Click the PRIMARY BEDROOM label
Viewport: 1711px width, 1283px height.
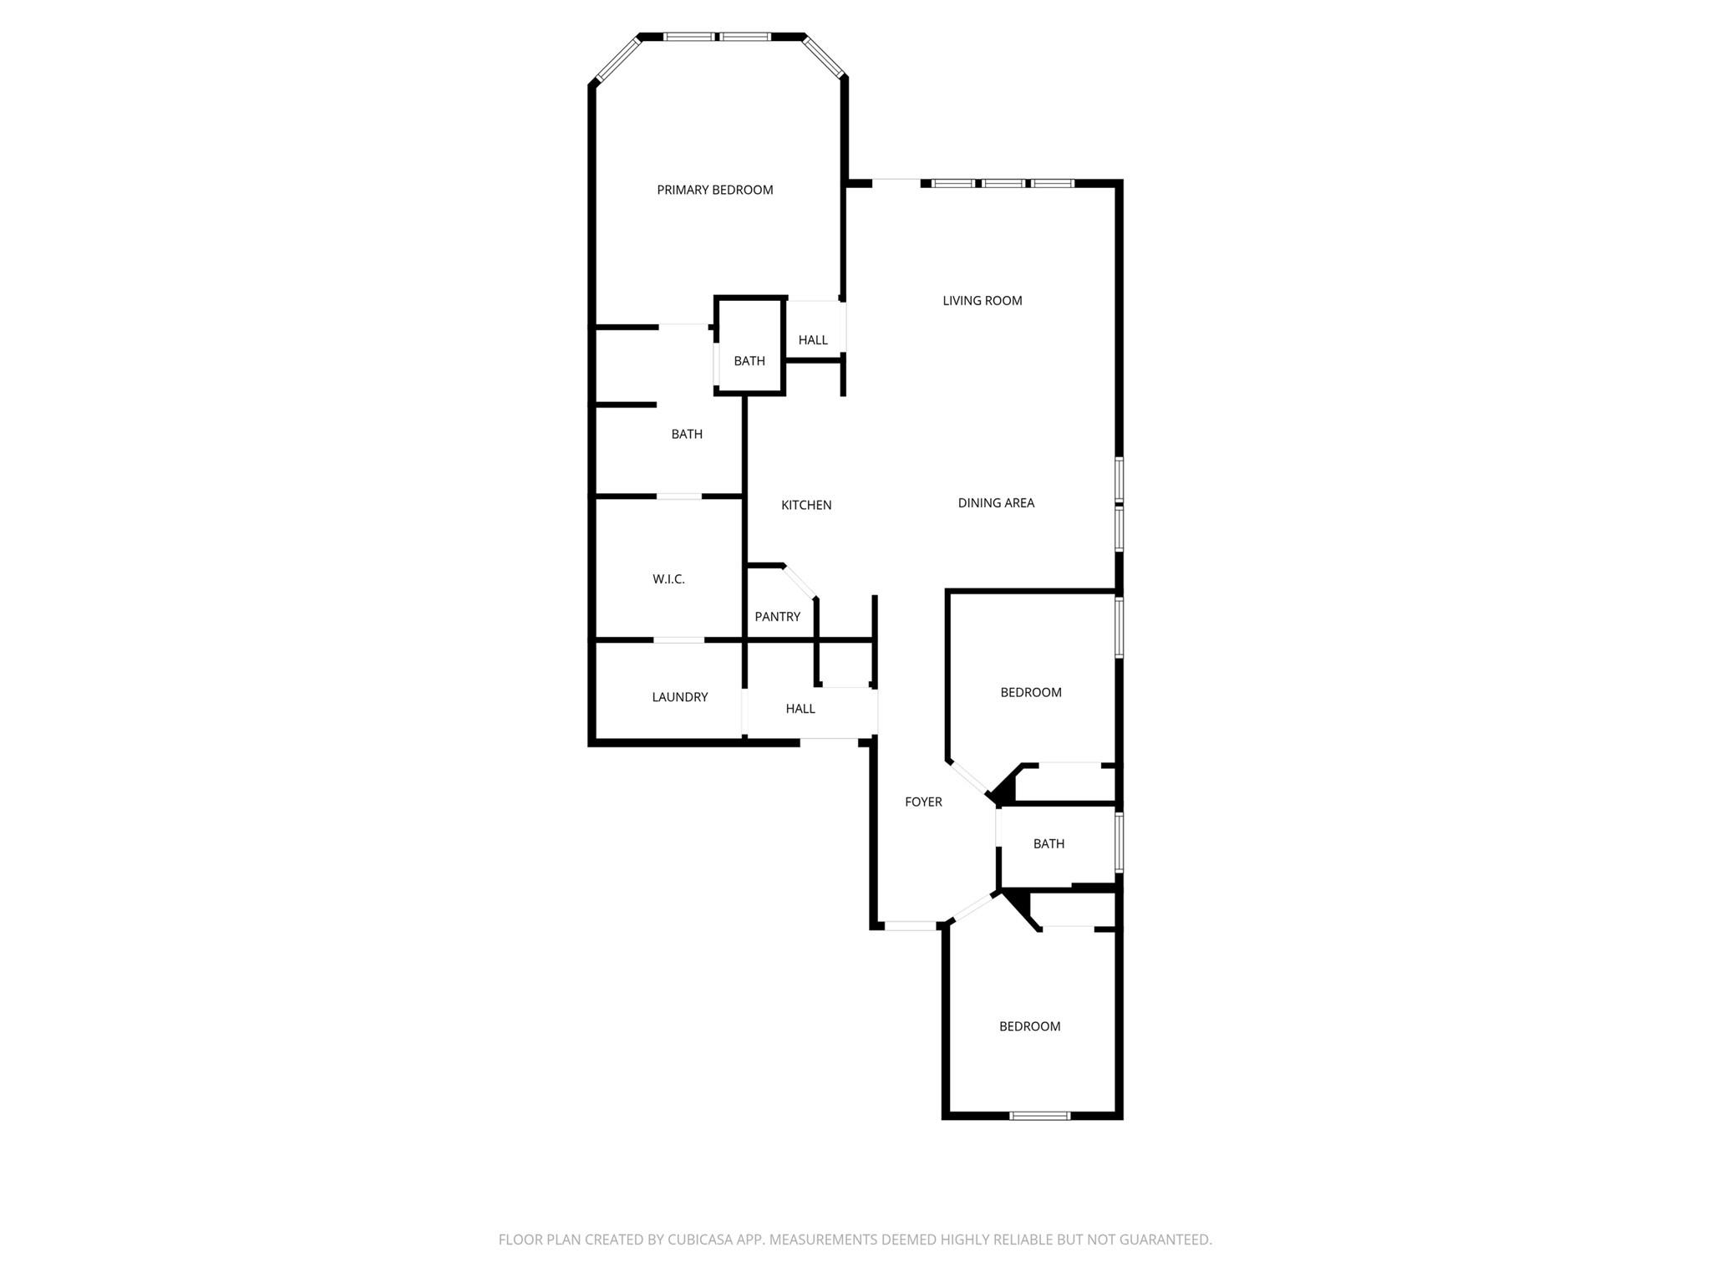click(x=714, y=190)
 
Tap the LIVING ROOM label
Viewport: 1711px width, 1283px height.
click(x=982, y=301)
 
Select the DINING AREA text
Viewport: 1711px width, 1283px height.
click(x=996, y=503)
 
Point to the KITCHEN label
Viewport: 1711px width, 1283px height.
click(x=806, y=505)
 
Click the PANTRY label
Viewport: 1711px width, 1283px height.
click(x=777, y=617)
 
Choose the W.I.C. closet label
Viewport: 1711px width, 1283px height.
click(x=668, y=579)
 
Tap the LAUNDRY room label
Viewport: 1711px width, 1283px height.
click(x=679, y=697)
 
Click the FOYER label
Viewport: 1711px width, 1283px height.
click(x=923, y=802)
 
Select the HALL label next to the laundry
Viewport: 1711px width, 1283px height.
click(x=800, y=709)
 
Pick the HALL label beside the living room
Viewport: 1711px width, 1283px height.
click(x=812, y=340)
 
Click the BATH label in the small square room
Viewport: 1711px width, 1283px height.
click(x=749, y=361)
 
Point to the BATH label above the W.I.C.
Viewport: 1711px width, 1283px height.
click(x=687, y=434)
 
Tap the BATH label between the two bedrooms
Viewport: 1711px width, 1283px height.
click(x=1048, y=844)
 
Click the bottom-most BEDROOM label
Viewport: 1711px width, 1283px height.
click(x=1029, y=1026)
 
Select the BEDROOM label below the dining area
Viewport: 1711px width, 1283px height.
click(x=1031, y=692)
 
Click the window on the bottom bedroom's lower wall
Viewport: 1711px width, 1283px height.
click(x=1039, y=1115)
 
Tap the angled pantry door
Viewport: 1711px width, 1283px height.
click(x=800, y=582)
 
